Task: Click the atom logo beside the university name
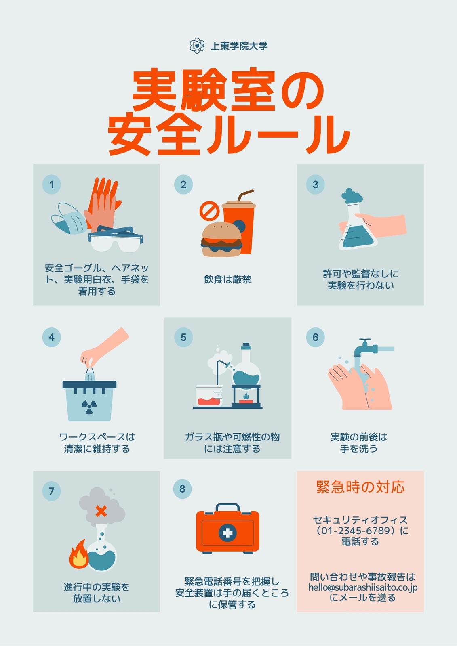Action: [x=197, y=46]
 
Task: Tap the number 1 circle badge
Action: [x=51, y=184]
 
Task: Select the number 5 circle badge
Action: [x=183, y=337]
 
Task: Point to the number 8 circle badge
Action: [x=183, y=489]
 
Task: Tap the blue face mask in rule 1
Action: [x=69, y=218]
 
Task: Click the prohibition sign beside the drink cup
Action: [x=209, y=210]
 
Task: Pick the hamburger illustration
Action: [x=222, y=239]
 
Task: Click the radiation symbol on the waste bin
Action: [x=89, y=407]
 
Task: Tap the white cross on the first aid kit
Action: [x=227, y=533]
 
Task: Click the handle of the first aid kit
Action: [x=227, y=507]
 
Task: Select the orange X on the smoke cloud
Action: [x=101, y=511]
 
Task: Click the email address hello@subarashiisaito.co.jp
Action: [x=363, y=587]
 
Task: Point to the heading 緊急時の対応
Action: [x=360, y=487]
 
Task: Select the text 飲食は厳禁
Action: [x=227, y=279]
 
